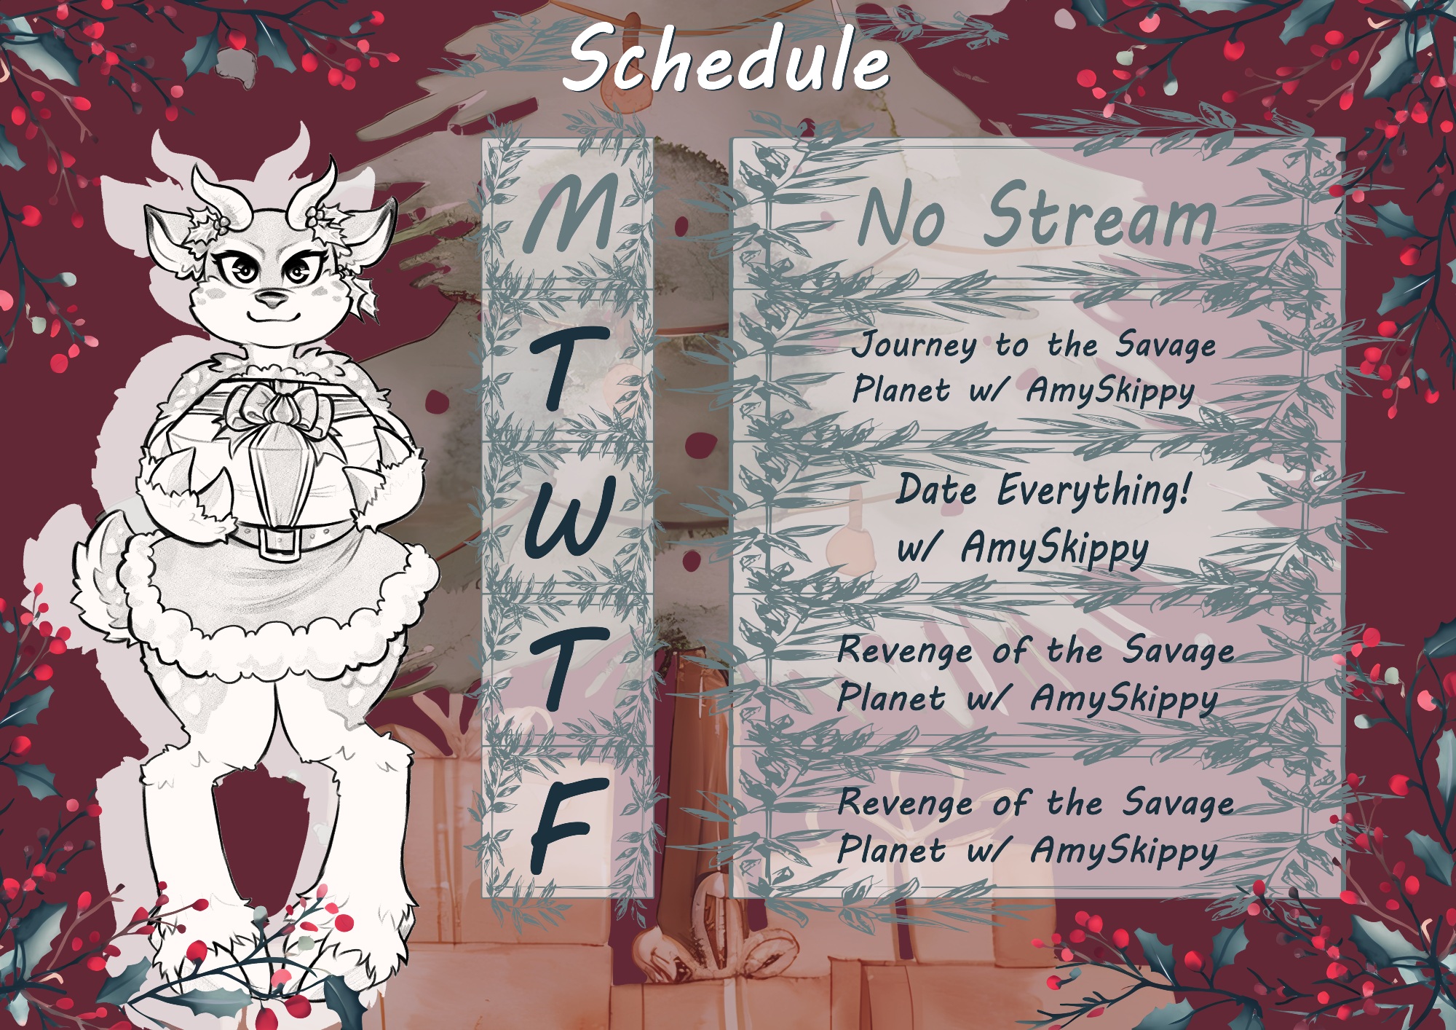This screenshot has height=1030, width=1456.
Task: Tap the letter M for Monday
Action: point(571,214)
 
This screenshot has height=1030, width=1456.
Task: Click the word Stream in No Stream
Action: point(1099,216)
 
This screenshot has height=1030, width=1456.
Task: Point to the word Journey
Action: point(914,346)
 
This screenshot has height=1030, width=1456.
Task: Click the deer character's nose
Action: point(272,297)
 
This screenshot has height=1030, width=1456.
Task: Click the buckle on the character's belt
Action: point(279,539)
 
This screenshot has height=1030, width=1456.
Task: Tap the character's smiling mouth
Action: point(271,316)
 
